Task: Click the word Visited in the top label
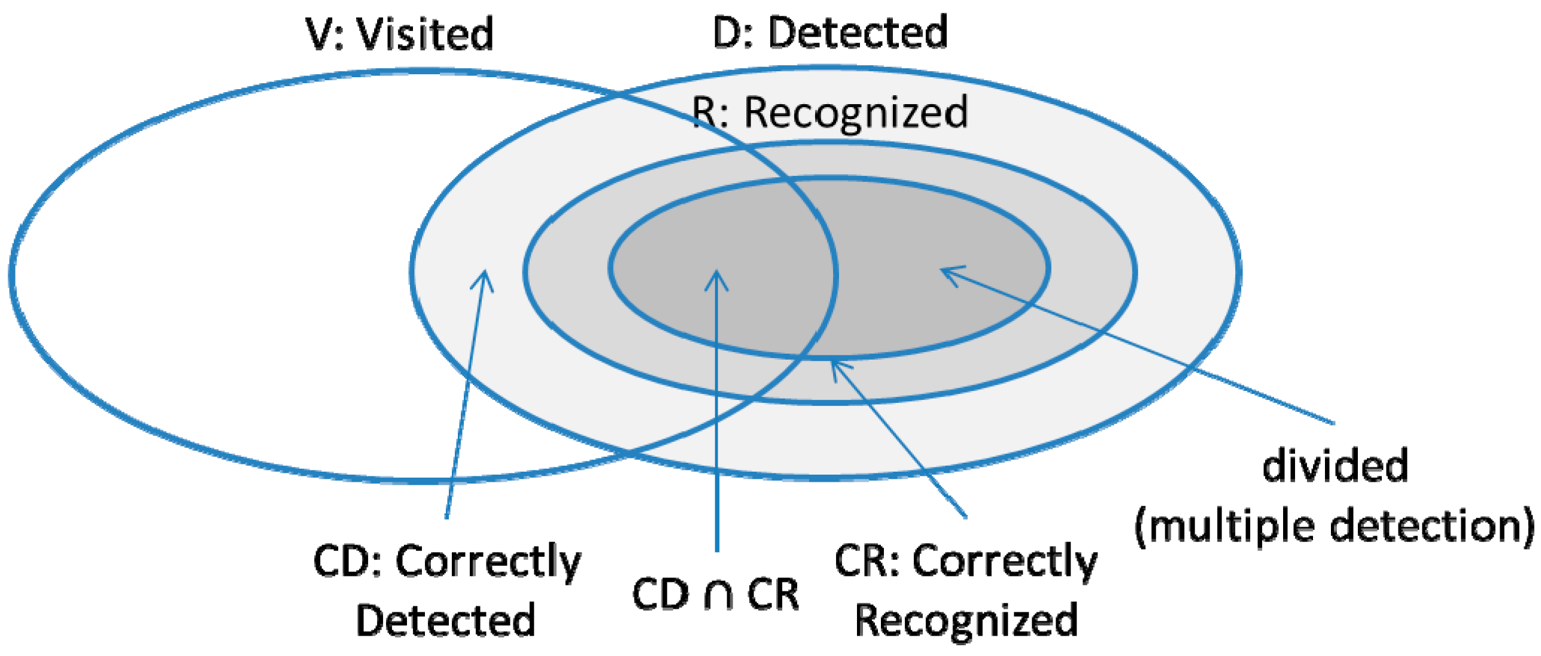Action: (425, 34)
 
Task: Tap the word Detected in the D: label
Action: (858, 32)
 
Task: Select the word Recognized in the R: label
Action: (856, 113)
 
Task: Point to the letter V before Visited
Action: (320, 34)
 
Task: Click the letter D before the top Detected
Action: (728, 32)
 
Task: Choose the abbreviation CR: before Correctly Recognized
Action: (867, 561)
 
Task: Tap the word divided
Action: (1335, 466)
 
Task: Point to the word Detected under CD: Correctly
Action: (445, 620)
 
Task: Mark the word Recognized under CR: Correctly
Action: (966, 620)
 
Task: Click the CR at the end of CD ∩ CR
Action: (773, 595)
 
